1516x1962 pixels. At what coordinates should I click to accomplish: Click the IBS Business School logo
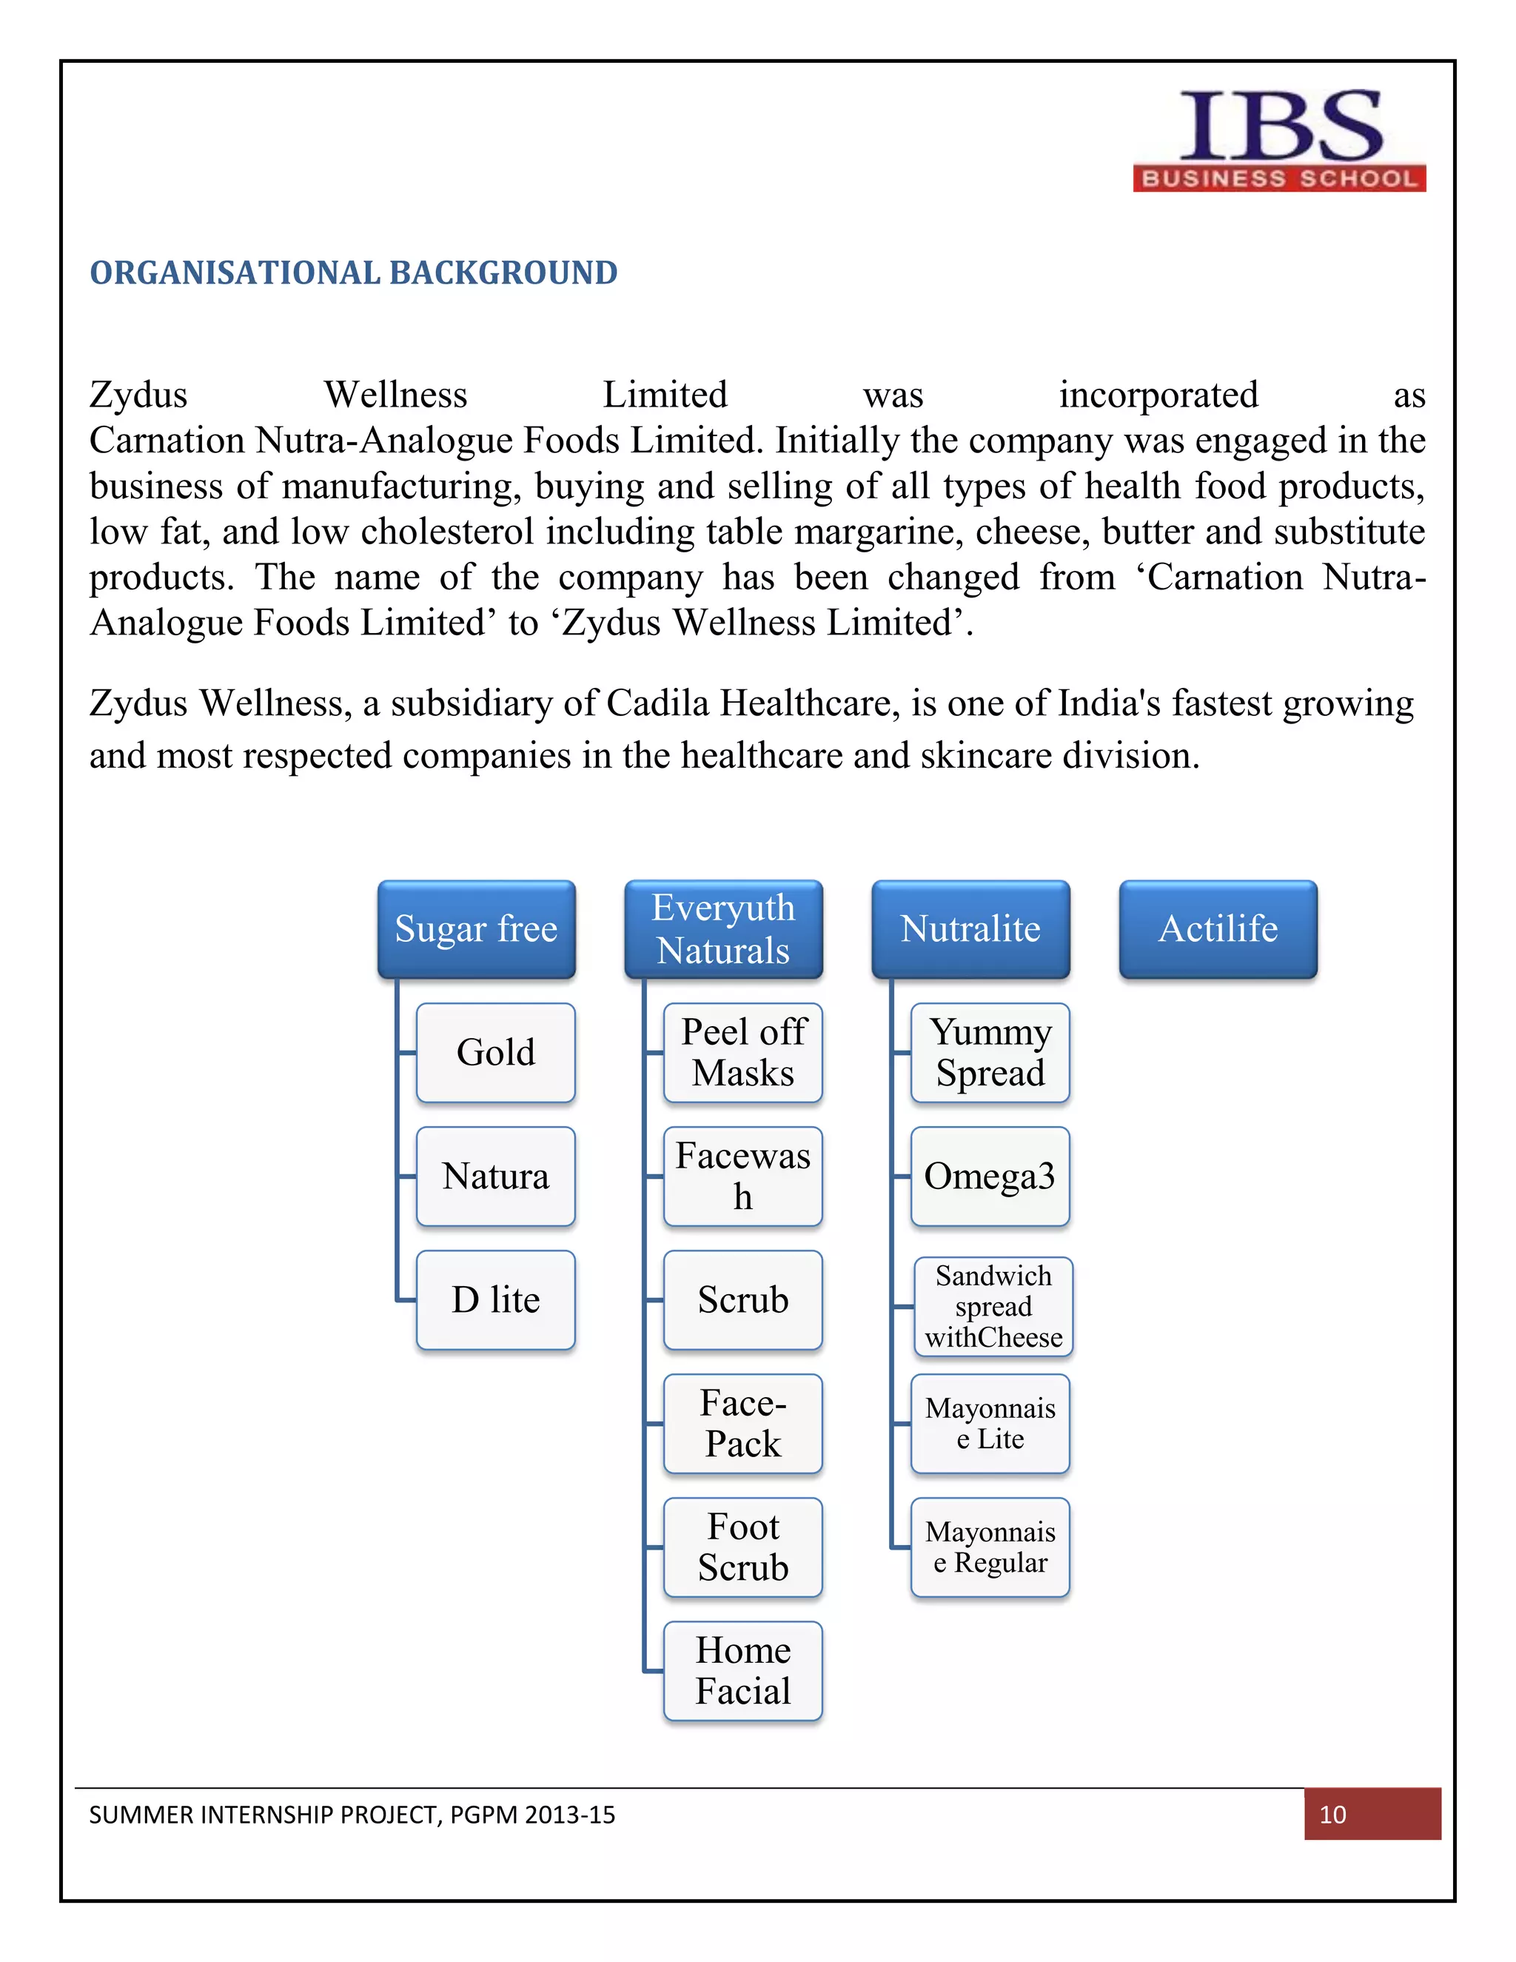tap(1279, 140)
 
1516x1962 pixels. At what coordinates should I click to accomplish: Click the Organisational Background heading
tap(353, 273)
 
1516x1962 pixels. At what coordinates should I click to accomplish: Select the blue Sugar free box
tap(476, 929)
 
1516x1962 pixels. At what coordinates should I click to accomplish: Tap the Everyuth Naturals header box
tap(723, 929)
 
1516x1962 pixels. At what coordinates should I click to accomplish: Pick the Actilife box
tap(1218, 929)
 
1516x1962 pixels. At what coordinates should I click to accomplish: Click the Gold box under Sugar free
tap(496, 1053)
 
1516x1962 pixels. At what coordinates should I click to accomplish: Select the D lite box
tap(496, 1300)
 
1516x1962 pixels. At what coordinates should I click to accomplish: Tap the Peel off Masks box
tap(742, 1053)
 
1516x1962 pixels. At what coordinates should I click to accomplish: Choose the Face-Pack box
tap(742, 1424)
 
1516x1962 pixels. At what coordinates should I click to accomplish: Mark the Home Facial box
tap(742, 1671)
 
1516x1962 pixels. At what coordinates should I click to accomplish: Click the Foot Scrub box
tap(742, 1547)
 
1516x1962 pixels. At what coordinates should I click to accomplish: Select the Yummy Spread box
tap(990, 1053)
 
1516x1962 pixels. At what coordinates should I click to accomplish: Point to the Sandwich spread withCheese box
tap(993, 1307)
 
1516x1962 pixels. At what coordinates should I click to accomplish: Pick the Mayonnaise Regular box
tap(990, 1547)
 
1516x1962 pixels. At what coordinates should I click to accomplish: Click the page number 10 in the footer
tap(1332, 1815)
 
